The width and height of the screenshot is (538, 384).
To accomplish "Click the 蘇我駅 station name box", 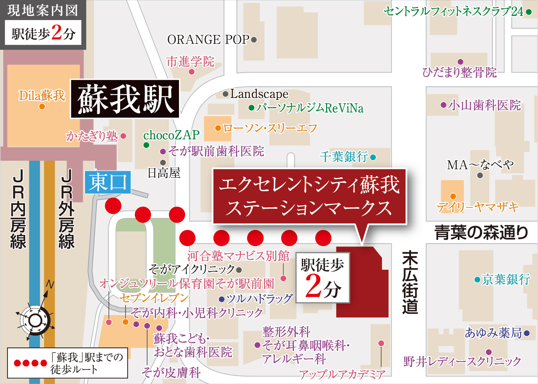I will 125,99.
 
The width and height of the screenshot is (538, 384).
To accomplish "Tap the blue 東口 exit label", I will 108,182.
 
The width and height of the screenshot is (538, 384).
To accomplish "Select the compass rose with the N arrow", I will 35,320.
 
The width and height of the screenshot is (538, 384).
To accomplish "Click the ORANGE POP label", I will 208,39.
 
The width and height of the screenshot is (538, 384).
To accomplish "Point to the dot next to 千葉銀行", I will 373,157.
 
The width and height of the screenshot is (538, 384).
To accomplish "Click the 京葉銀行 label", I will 506,279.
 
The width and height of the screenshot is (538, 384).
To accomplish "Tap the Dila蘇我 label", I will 42,96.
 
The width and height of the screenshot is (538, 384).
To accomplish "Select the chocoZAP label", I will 171,135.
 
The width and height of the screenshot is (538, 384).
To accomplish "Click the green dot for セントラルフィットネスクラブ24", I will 529,12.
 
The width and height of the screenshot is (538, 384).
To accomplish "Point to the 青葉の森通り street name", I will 481,232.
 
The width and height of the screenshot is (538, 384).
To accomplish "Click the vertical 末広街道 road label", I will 410,283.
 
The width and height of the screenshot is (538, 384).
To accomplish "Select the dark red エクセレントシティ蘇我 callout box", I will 309,196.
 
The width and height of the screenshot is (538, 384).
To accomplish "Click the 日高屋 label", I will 164,173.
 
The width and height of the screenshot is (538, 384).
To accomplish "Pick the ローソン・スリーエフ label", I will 270,128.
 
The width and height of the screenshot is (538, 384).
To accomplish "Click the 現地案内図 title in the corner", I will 43,10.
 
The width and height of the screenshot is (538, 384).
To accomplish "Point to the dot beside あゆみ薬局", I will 527,333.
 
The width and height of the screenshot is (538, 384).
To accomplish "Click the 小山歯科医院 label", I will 484,105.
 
